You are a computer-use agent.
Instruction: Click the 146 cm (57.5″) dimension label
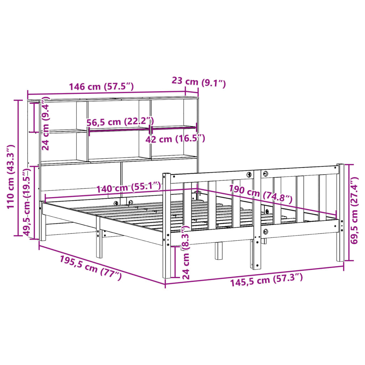pyautogui.click(x=101, y=87)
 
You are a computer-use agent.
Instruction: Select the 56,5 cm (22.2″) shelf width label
pyautogui.click(x=120, y=122)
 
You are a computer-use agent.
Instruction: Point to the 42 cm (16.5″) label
pyautogui.click(x=175, y=139)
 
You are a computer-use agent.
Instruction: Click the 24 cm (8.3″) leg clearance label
pyautogui.click(x=186, y=252)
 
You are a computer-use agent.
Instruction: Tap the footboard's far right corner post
pyautogui.click(x=340, y=212)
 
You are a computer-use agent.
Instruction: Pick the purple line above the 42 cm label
pyautogui.click(x=174, y=127)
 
